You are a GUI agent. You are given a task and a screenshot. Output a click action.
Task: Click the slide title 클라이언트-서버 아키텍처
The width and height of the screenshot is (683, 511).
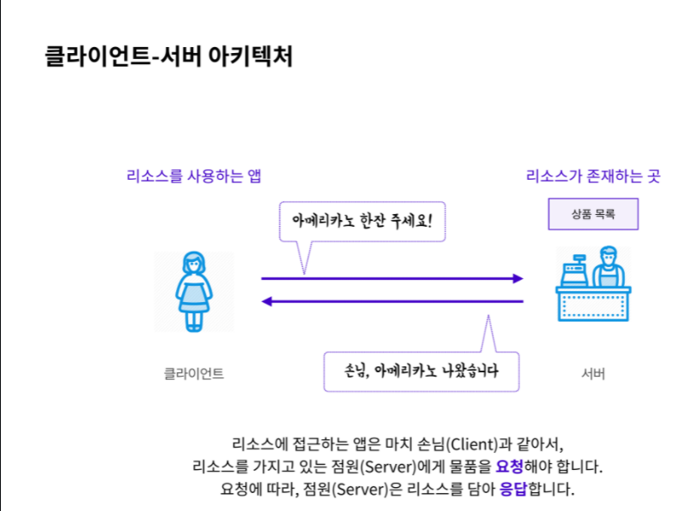point(168,56)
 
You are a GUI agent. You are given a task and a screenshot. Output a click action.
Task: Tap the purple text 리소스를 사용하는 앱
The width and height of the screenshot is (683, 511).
point(193,177)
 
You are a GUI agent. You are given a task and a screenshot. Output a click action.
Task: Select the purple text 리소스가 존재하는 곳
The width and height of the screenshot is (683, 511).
point(593,177)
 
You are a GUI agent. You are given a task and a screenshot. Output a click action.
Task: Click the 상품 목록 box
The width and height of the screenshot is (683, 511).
point(593,213)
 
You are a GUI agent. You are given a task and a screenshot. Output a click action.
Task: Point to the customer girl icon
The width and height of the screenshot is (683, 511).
point(193,291)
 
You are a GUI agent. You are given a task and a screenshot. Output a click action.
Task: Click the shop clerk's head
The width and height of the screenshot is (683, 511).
point(608,256)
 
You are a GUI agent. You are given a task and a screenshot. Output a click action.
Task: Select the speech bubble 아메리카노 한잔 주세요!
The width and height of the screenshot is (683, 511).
point(362,221)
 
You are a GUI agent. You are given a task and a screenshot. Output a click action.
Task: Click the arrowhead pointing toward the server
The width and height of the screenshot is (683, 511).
point(516,278)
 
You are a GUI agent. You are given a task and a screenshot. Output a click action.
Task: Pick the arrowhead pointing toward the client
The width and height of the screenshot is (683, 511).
point(267,301)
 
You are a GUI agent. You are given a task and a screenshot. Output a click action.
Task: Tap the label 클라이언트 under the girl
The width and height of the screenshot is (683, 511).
point(194,373)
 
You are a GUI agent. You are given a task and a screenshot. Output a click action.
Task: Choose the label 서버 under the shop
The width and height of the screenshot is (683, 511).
point(593,373)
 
